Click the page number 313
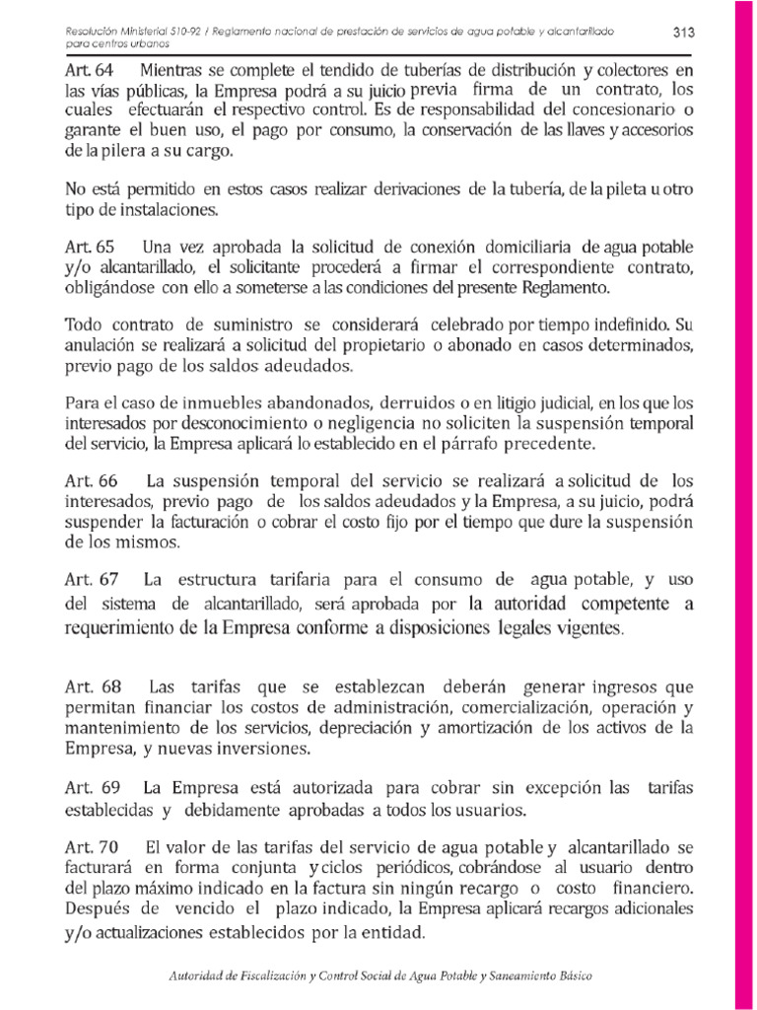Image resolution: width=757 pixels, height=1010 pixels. [684, 33]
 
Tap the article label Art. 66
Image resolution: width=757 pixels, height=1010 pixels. [92, 481]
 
